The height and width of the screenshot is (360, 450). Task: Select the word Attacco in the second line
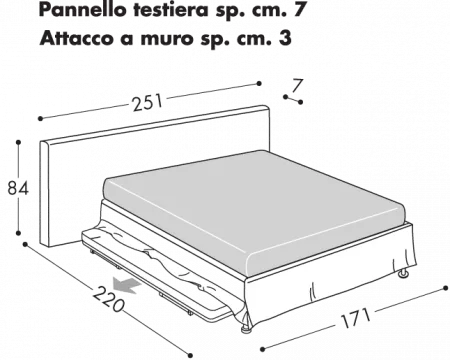tap(76, 42)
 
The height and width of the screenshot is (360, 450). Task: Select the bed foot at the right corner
tap(402, 271)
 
